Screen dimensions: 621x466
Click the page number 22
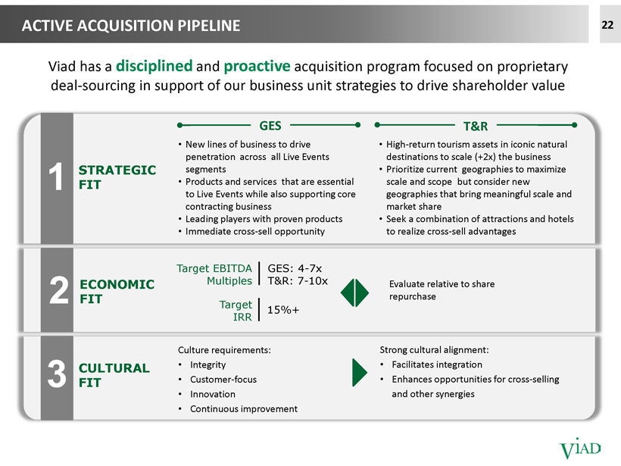click(607, 25)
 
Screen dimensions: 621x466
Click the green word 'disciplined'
click(154, 66)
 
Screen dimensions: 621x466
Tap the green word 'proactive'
click(257, 66)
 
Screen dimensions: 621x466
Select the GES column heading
click(270, 126)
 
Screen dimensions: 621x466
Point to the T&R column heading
click(476, 126)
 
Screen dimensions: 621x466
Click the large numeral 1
click(56, 177)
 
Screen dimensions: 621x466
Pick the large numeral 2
click(59, 290)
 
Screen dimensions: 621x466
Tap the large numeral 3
click(57, 374)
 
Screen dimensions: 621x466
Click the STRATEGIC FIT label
click(117, 177)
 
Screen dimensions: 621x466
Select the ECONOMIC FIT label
click(117, 291)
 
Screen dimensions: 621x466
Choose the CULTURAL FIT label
click(114, 375)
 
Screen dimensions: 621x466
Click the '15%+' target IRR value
click(283, 309)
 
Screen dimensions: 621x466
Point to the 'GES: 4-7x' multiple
click(295, 268)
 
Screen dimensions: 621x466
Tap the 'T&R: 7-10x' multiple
click(298, 281)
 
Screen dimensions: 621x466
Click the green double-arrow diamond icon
click(355, 292)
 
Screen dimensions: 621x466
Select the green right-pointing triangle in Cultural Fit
click(359, 373)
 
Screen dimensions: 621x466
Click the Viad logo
click(580, 449)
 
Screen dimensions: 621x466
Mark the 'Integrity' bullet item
click(208, 364)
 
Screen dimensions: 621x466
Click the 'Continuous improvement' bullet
click(244, 408)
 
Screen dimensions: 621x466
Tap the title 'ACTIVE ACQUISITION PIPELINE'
click(131, 26)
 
